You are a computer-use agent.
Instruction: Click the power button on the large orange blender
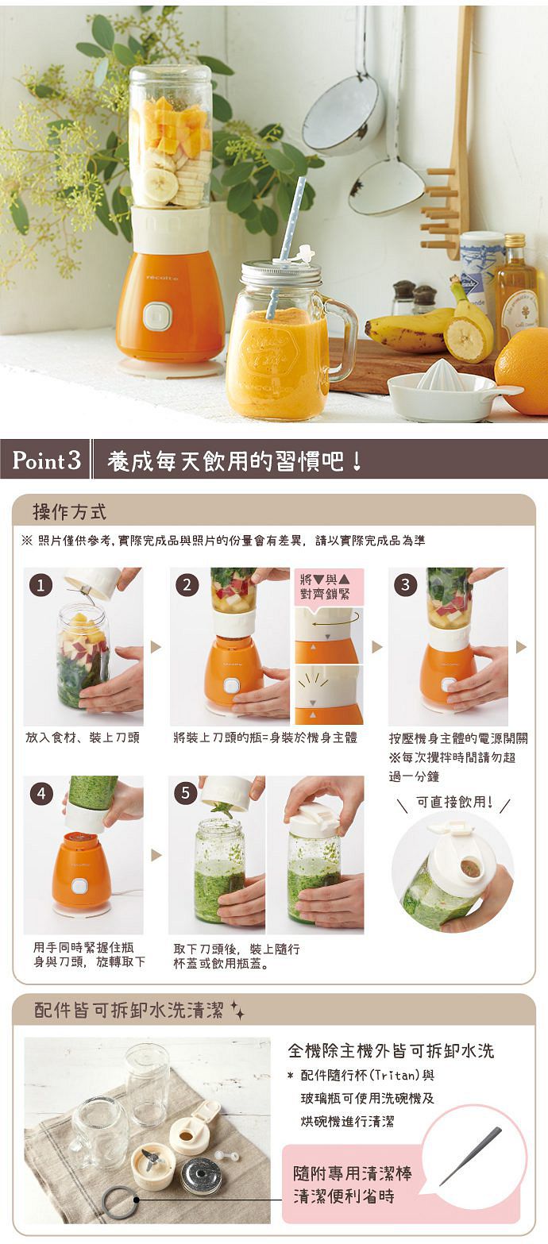157,316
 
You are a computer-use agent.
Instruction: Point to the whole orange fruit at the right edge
523,371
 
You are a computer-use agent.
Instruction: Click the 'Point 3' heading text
47,460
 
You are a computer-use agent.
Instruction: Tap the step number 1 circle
41,585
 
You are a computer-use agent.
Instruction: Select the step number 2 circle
187,585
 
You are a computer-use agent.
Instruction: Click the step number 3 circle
405,585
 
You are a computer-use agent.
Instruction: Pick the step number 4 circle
41,794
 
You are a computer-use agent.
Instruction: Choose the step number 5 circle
186,793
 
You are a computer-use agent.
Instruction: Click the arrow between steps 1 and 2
156,646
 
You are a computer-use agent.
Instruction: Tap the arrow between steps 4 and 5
156,855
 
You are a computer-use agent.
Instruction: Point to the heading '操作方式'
69,511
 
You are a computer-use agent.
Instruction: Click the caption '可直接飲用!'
454,802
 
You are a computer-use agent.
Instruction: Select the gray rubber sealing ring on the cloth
120,1203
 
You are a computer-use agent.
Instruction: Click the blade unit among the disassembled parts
152,1164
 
